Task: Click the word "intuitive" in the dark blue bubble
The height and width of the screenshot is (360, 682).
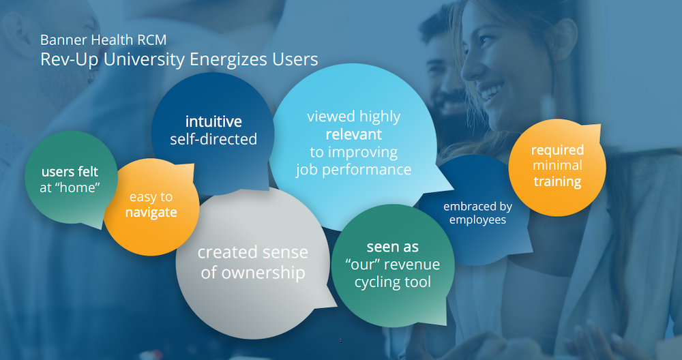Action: tap(213, 122)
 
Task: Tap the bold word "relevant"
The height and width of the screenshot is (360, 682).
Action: tap(353, 134)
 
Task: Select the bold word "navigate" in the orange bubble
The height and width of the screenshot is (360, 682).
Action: tap(151, 212)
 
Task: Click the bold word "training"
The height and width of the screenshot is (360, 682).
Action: tap(557, 181)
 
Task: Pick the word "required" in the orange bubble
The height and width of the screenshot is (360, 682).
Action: tap(557, 149)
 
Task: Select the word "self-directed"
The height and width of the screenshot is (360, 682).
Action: tap(213, 139)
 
